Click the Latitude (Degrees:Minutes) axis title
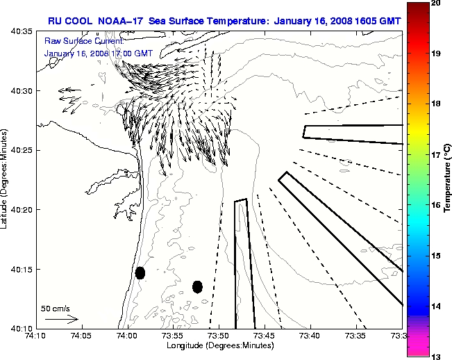6,179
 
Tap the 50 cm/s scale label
56,308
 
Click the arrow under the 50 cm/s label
61,320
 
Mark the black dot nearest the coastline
140,272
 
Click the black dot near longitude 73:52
197,286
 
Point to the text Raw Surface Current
77,42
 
